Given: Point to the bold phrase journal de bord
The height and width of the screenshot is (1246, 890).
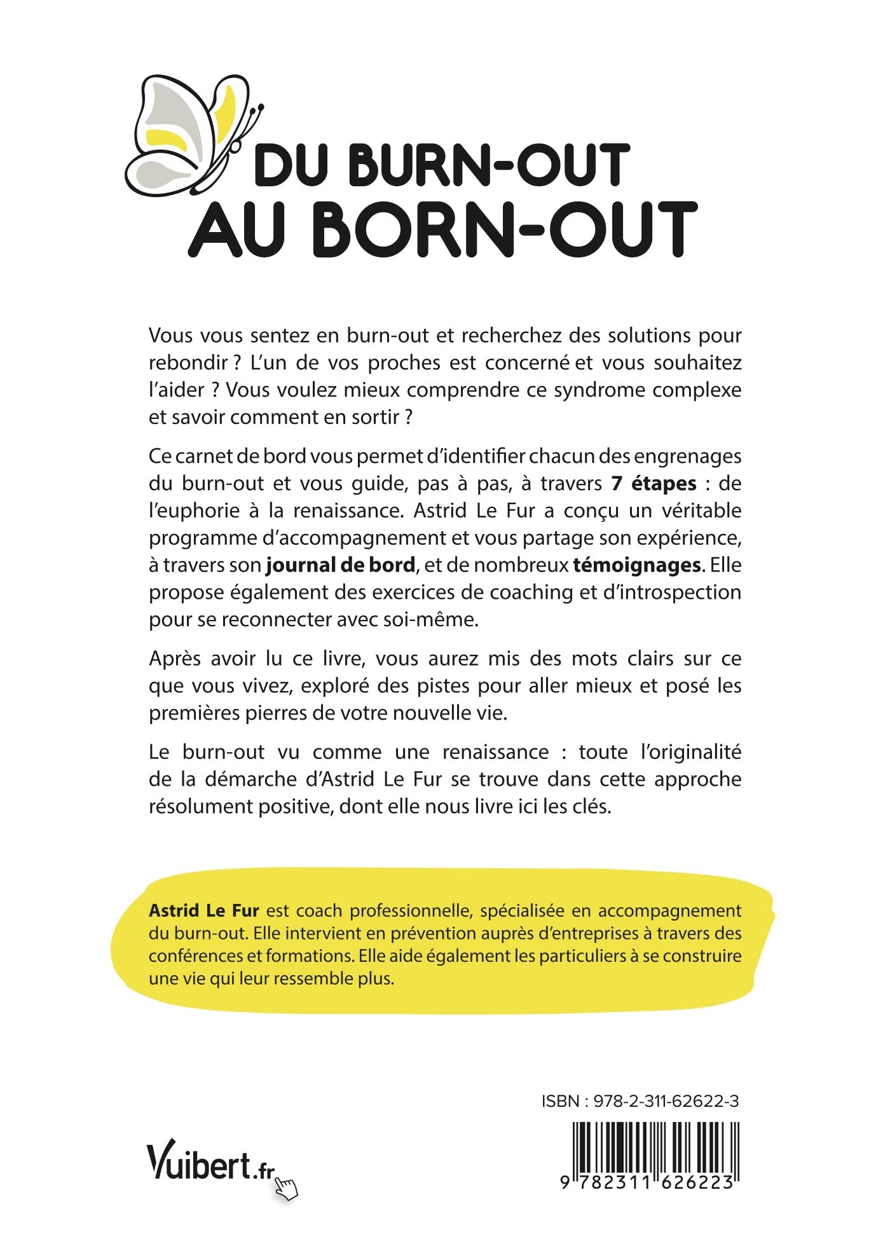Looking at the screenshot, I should pyautogui.click(x=341, y=565).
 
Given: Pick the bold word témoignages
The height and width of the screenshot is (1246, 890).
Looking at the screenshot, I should pyautogui.click(x=638, y=565).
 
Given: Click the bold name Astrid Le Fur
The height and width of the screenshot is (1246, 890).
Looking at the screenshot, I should pyautogui.click(x=203, y=910).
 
